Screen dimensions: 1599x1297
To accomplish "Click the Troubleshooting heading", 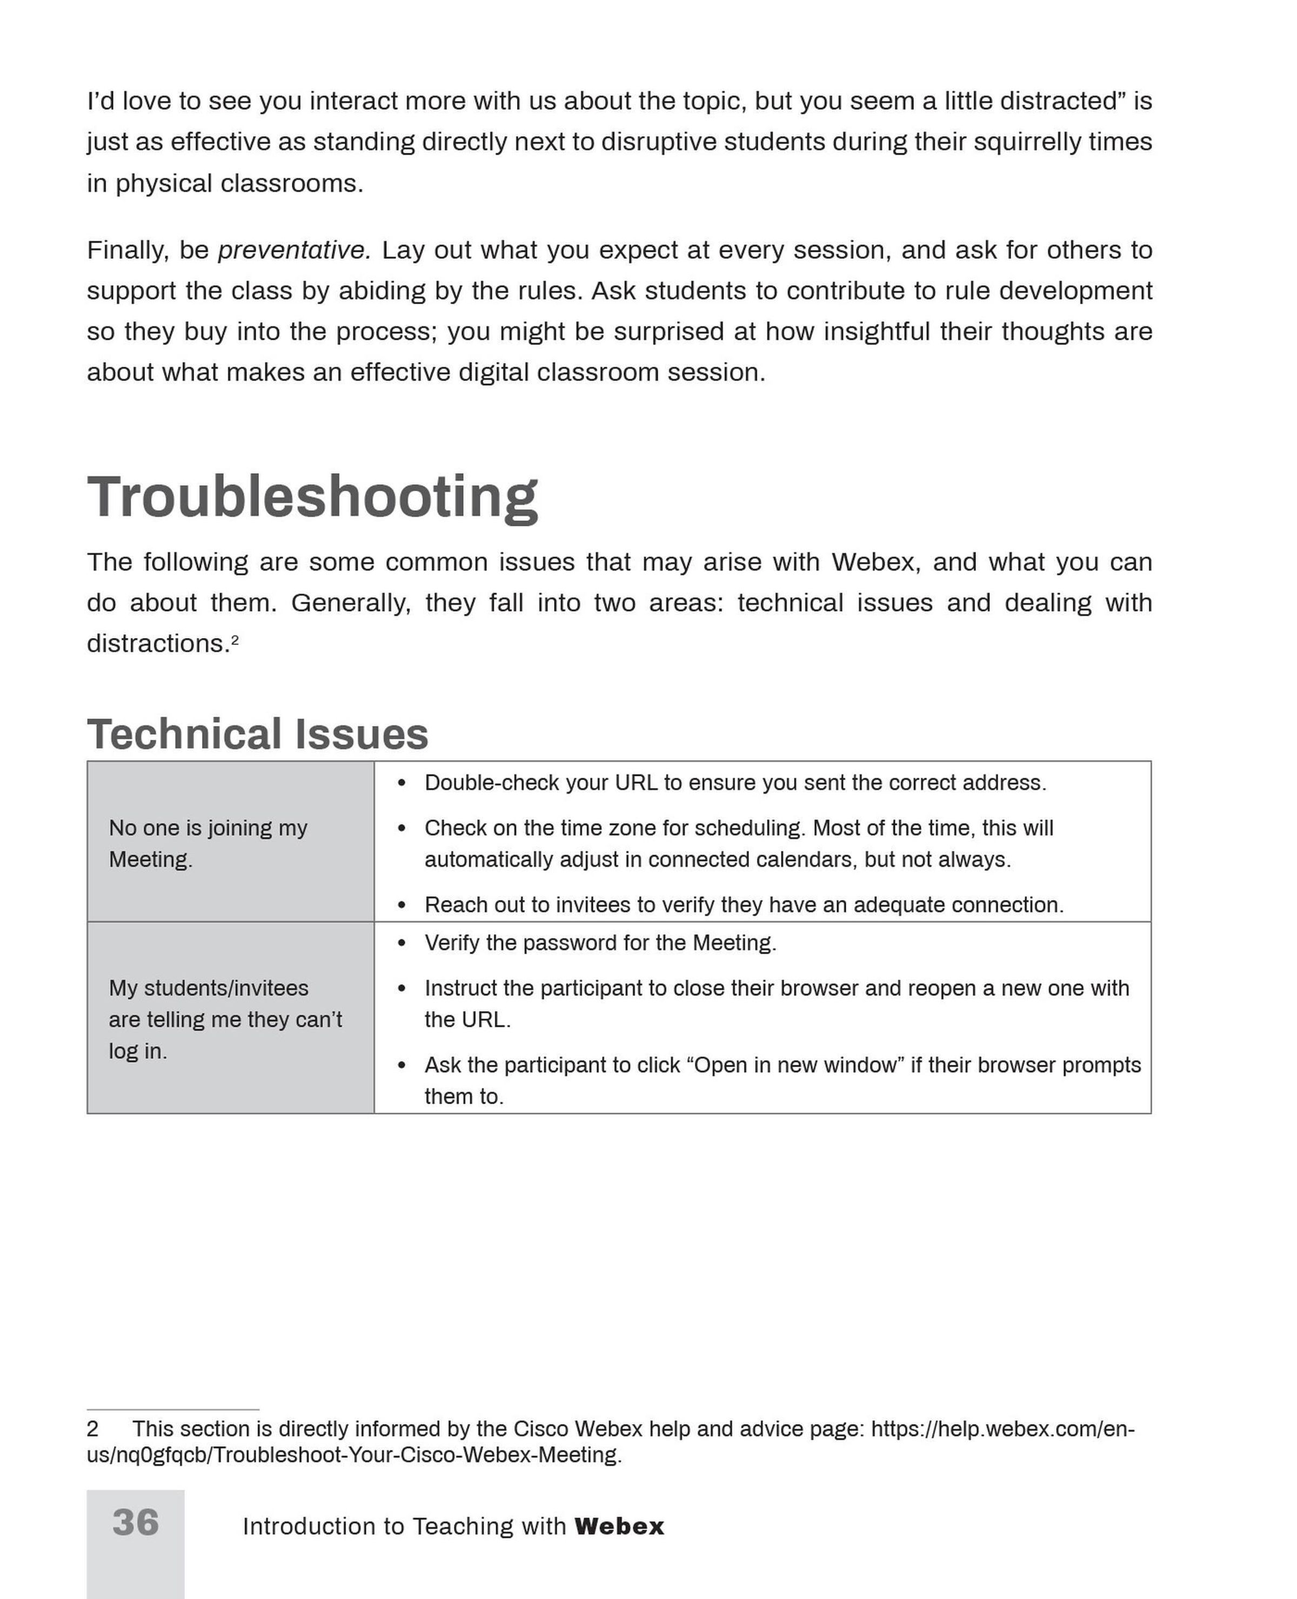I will coord(312,498).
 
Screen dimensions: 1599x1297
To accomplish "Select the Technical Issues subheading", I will coord(258,734).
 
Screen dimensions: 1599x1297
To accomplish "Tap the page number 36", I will coord(135,1522).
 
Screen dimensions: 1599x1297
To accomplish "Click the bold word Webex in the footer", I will coord(619,1527).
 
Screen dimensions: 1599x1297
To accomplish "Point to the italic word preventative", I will coord(293,250).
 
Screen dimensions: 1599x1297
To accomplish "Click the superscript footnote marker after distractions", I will coord(235,640).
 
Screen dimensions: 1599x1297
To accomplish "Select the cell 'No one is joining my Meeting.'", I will coord(230,842).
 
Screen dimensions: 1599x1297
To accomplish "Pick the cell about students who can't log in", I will coord(230,1019).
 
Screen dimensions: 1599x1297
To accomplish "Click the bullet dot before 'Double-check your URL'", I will coord(402,783).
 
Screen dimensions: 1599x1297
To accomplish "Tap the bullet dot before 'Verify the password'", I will coord(402,943).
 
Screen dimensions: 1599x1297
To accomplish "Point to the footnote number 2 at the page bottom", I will coord(92,1429).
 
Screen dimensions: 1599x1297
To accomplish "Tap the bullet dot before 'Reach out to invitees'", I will coord(402,905).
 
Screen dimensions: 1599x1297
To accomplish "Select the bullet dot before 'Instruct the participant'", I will coord(402,989).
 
